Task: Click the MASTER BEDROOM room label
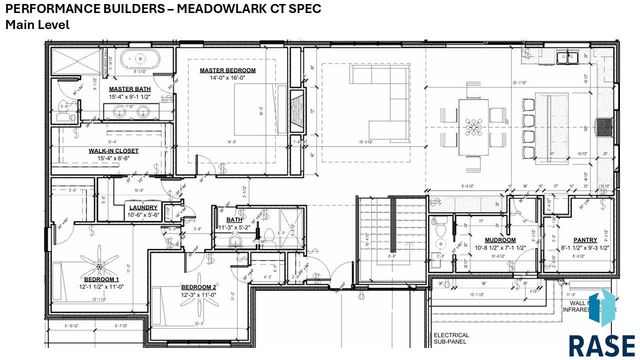(x=227, y=71)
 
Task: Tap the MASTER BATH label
(x=129, y=89)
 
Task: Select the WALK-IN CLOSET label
(x=113, y=150)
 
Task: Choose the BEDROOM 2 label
(x=198, y=287)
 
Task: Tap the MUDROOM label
(x=500, y=240)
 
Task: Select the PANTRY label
(x=585, y=240)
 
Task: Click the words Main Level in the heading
(x=38, y=24)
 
